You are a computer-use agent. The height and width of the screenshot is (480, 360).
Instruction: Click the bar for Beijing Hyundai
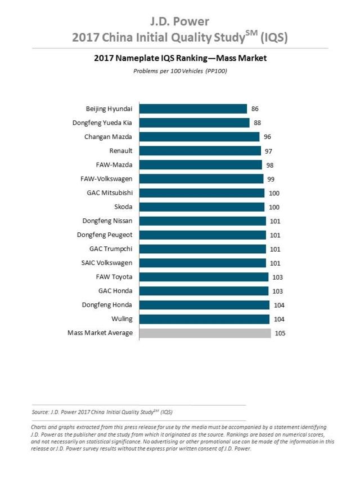coord(193,109)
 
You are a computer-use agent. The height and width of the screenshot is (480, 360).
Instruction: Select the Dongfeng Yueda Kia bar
coord(194,123)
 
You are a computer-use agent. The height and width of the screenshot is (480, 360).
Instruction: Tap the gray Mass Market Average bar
coord(205,333)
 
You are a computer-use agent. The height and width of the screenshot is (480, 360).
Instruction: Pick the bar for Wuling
coord(204,319)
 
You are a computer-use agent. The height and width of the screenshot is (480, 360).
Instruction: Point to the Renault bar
coord(200,151)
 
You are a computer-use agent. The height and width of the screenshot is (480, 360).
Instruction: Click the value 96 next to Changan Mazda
coord(268,137)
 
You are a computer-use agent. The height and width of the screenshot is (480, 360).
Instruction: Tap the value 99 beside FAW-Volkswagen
coord(272,179)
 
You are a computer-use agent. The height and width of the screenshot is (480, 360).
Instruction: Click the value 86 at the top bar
coord(255,109)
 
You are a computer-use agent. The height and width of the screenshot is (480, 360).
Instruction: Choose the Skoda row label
coord(123,207)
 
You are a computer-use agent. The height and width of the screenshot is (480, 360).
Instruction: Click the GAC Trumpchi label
coord(111,249)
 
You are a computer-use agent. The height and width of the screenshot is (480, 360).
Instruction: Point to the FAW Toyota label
coord(114,277)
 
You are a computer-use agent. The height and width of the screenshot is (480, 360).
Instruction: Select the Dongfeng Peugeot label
coord(105,235)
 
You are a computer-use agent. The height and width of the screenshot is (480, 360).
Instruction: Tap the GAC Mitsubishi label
coord(109,193)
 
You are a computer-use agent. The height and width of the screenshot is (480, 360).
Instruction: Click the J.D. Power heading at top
coord(180,22)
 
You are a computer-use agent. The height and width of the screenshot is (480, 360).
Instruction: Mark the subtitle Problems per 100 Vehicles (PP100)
coord(180,71)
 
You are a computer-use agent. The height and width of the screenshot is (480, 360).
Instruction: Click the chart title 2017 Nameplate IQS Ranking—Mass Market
coord(180,58)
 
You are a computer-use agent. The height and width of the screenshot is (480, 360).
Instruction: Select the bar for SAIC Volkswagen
coord(202,263)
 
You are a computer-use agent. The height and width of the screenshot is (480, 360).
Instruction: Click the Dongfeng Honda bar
coord(204,305)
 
